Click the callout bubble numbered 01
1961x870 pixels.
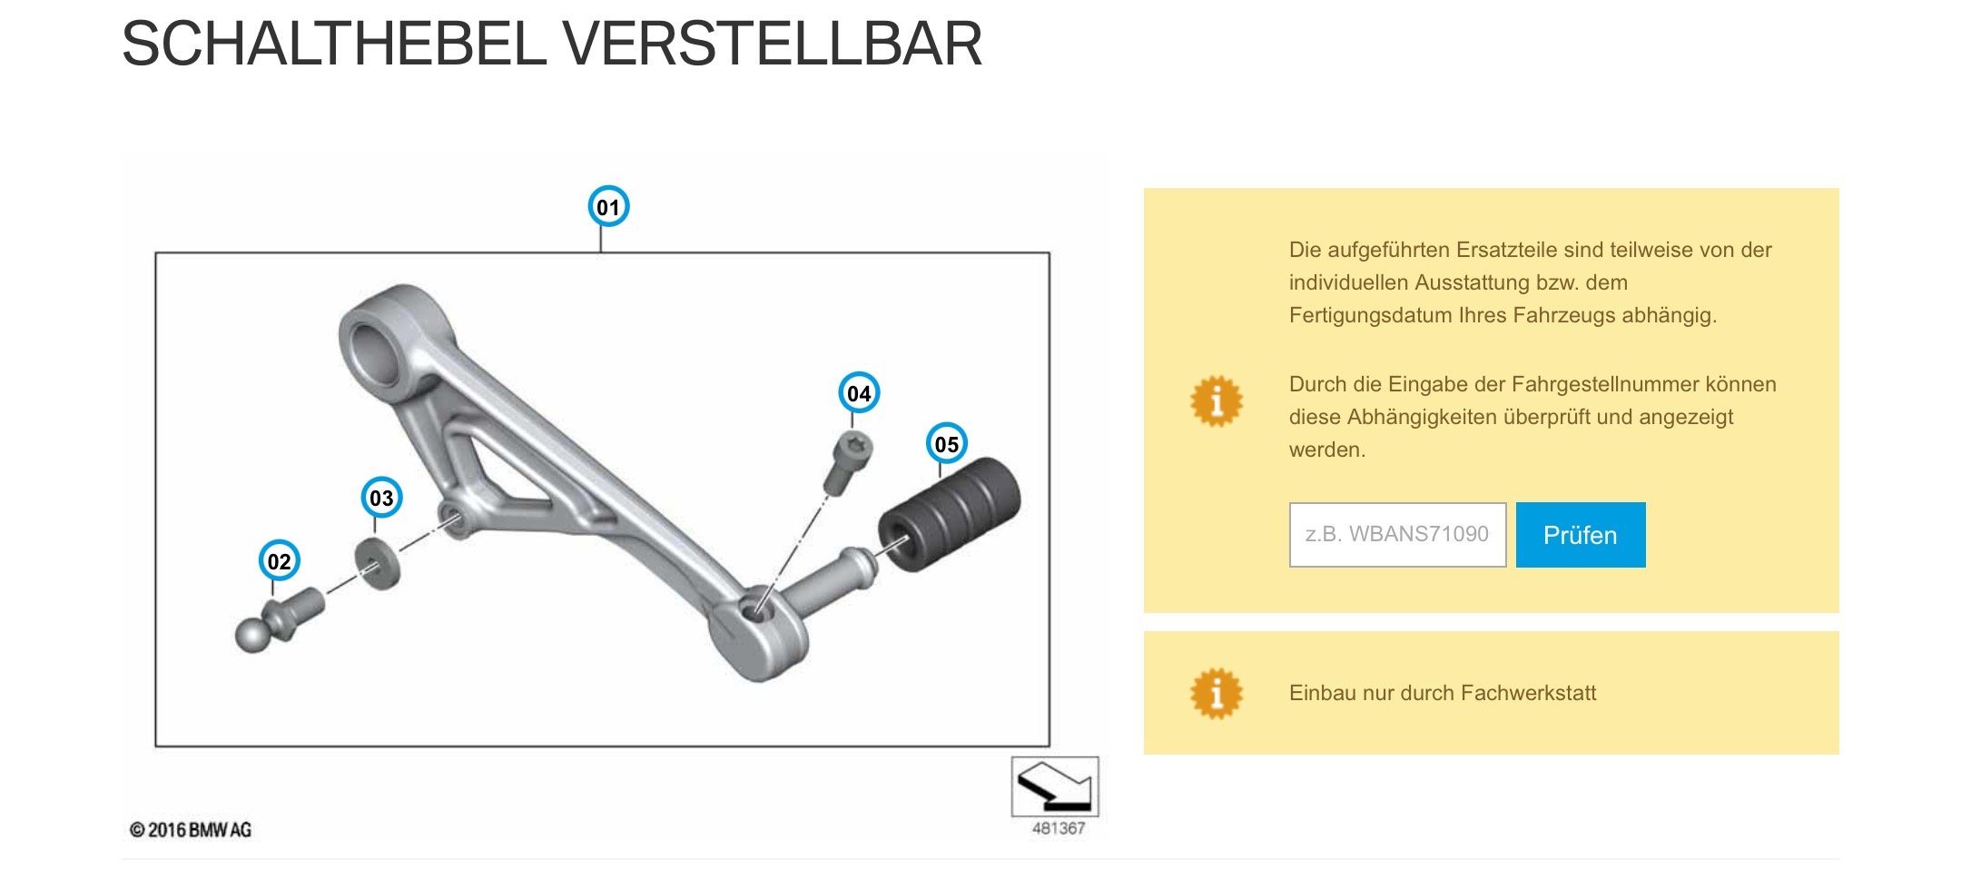608,207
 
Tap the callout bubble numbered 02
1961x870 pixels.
279,561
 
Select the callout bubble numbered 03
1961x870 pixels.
381,498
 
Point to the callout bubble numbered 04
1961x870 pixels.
859,393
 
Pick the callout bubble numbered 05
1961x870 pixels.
946,444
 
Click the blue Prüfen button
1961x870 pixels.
1581,535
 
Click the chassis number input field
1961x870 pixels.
1397,535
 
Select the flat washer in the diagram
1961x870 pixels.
378,564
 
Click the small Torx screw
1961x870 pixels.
849,462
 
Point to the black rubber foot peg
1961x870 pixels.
950,515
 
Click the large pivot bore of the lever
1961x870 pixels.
377,353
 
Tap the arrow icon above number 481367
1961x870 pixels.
1055,786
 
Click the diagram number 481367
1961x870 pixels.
1059,828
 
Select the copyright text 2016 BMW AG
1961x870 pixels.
191,830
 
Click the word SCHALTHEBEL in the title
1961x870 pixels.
334,44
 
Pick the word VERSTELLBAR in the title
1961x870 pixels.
773,44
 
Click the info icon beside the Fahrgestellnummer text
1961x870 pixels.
1217,400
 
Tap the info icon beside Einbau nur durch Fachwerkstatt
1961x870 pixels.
1217,693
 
